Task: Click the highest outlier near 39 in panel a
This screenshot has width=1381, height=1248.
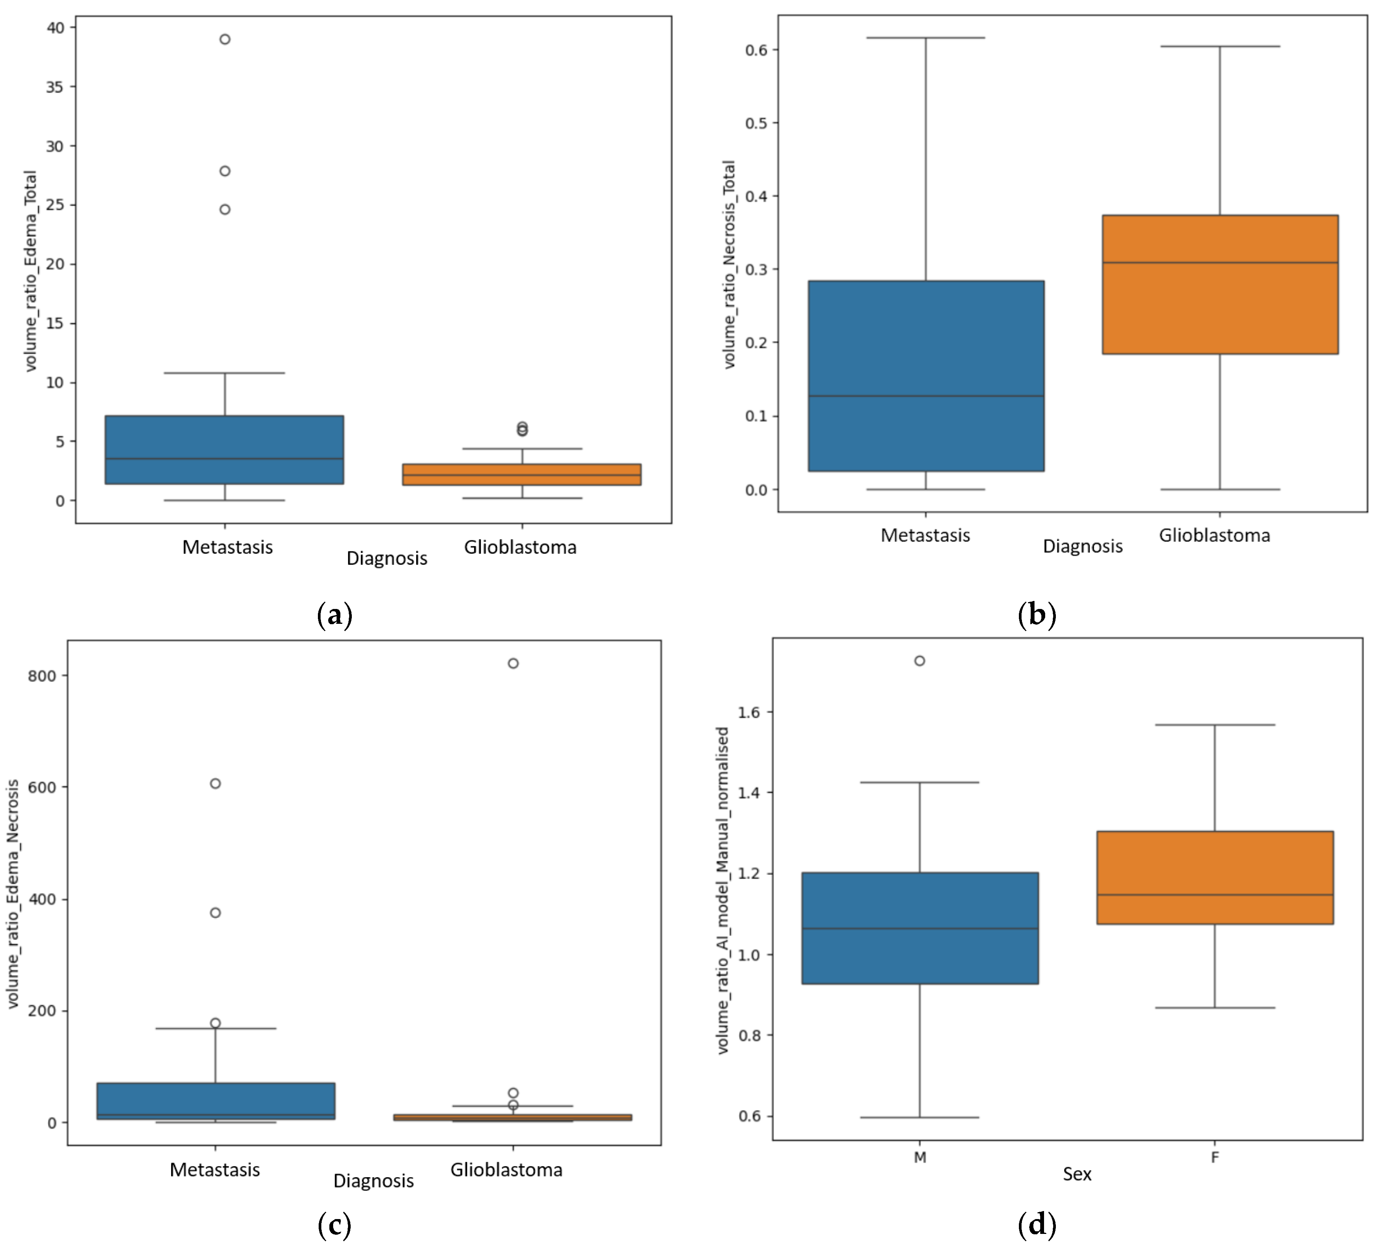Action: pos(225,39)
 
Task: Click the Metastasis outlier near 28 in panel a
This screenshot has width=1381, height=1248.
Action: pos(225,171)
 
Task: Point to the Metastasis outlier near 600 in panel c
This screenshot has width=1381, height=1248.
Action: pos(215,783)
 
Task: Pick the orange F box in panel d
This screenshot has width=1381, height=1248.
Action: pos(1214,878)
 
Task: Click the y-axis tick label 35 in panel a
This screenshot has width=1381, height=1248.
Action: pos(55,87)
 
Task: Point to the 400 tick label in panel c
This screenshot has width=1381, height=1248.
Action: pos(42,899)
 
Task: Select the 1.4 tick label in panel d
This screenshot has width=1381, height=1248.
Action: pos(749,793)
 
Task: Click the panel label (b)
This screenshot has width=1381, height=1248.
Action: pos(1036,614)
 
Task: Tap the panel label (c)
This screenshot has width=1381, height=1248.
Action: pos(334,1225)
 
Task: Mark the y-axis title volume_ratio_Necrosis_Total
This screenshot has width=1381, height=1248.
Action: pos(730,264)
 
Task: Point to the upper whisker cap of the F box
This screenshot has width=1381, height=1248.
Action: pos(1214,724)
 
